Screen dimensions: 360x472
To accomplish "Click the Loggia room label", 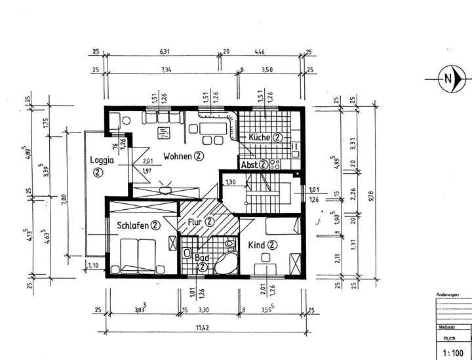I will point(102,159).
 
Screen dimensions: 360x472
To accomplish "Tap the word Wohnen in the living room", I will point(177,156).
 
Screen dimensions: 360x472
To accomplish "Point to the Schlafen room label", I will point(133,225).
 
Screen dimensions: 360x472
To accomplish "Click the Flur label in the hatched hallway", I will point(195,222).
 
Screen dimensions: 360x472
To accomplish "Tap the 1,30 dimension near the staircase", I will point(230,182).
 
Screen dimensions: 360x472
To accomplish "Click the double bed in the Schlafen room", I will point(138,255).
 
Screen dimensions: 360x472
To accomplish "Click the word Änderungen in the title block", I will point(451,295).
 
